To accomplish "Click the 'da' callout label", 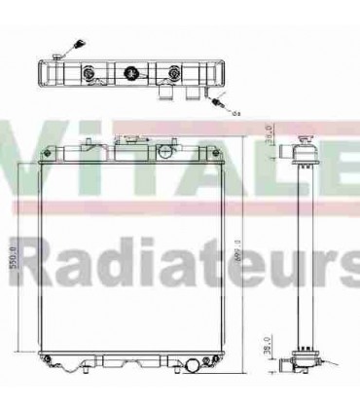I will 236,113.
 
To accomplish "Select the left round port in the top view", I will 90,74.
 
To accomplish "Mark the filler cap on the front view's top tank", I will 129,147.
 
